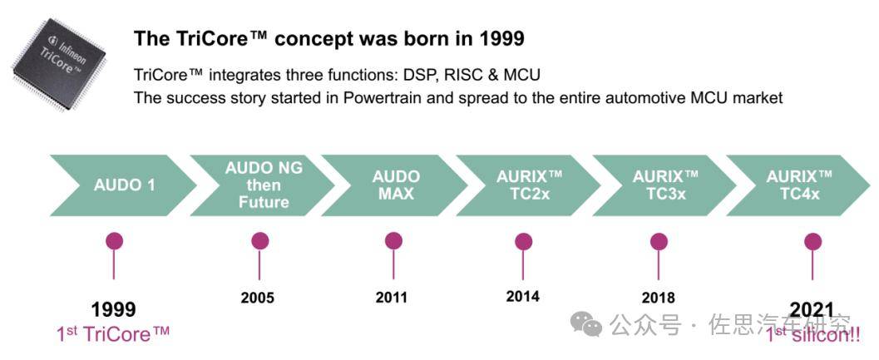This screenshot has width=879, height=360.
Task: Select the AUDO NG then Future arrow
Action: [x=263, y=185]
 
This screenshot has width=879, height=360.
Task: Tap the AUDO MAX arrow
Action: [x=395, y=185]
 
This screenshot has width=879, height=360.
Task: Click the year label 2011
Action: [x=392, y=297]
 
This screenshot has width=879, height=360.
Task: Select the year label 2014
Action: [x=522, y=295]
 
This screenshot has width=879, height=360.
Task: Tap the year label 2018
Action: [x=658, y=297]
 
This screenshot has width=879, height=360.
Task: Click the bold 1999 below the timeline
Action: [x=113, y=309]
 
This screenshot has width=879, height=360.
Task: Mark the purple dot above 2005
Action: [x=259, y=241]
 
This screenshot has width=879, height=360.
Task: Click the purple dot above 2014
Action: [x=523, y=241]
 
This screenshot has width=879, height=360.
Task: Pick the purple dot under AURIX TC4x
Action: [x=812, y=242]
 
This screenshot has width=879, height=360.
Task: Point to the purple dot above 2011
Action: [x=393, y=241]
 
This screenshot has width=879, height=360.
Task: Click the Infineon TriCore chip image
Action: [x=58, y=63]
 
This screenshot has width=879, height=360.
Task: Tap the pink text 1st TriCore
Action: [x=113, y=334]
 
